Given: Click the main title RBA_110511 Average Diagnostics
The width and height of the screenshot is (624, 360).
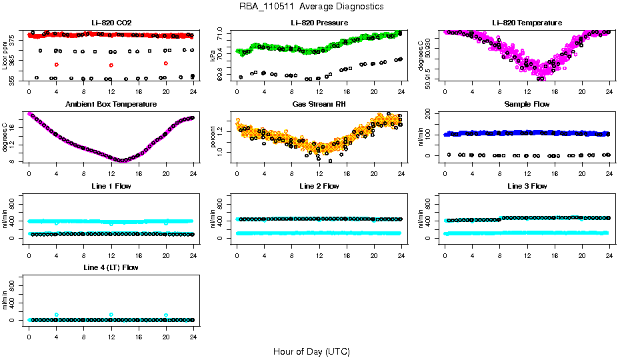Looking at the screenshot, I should point(312,7).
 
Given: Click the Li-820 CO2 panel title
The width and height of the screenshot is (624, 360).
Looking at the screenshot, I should point(111,23).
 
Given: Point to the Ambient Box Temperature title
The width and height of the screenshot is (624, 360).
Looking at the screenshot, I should point(111,105).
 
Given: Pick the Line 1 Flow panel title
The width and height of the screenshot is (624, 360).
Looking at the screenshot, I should point(111,186).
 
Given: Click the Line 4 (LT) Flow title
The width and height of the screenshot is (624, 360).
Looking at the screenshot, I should point(111,267).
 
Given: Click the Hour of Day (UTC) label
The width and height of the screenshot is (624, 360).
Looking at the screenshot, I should point(311,351).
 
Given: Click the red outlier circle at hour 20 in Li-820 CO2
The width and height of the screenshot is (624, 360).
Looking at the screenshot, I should point(166,63).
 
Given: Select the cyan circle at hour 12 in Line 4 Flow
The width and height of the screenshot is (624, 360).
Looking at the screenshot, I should point(111,315).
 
